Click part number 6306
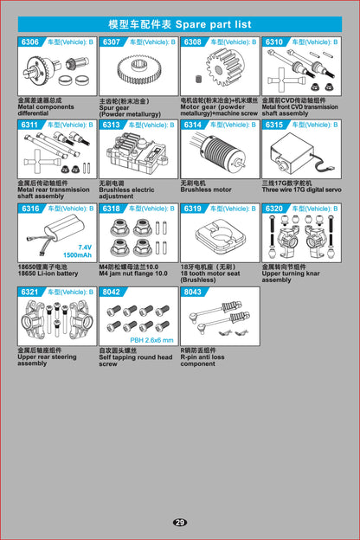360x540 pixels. point(30,42)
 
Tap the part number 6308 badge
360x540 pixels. point(192,42)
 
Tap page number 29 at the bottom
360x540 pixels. point(179,522)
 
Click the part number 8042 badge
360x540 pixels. point(112,292)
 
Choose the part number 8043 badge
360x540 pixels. point(192,292)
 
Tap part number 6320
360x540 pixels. point(273,209)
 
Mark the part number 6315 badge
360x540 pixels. point(273,125)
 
